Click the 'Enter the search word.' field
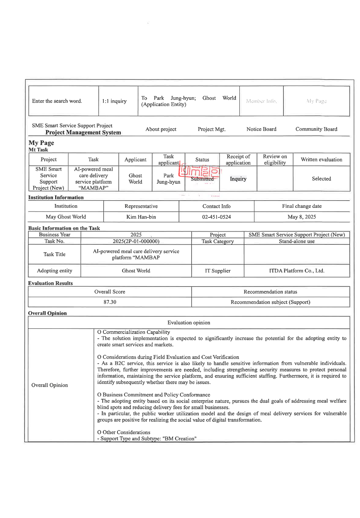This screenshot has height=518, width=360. pyautogui.click(x=57, y=101)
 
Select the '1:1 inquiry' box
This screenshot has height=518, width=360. pyautogui.click(x=114, y=101)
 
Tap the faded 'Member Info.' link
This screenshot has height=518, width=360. pyautogui.click(x=261, y=101)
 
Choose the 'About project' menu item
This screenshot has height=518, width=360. pyautogui.click(x=161, y=129)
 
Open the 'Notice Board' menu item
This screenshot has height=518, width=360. pyautogui.click(x=261, y=129)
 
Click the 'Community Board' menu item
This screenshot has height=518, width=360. pyautogui.click(x=316, y=129)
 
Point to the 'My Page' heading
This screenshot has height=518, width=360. pyautogui.click(x=41, y=143)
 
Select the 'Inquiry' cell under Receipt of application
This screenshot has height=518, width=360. pyautogui.click(x=238, y=179)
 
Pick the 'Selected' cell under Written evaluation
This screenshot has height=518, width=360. pyautogui.click(x=321, y=179)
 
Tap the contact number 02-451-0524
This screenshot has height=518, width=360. pyautogui.click(x=216, y=217)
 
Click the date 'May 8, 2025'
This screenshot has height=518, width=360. pyautogui.click(x=302, y=217)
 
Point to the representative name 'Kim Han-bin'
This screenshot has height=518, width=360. pyautogui.click(x=141, y=217)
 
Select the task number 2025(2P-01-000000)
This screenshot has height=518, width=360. pyautogui.click(x=136, y=241)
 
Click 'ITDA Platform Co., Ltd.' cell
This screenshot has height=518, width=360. pyautogui.click(x=296, y=271)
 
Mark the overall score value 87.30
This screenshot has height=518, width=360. pyautogui.click(x=110, y=302)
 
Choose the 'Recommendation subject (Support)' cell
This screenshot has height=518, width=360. pyautogui.click(x=270, y=302)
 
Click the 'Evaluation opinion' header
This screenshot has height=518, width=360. pyautogui.click(x=189, y=323)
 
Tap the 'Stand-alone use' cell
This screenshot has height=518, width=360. pyautogui.click(x=296, y=241)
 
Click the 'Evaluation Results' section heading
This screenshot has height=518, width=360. pyautogui.click(x=50, y=283)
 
